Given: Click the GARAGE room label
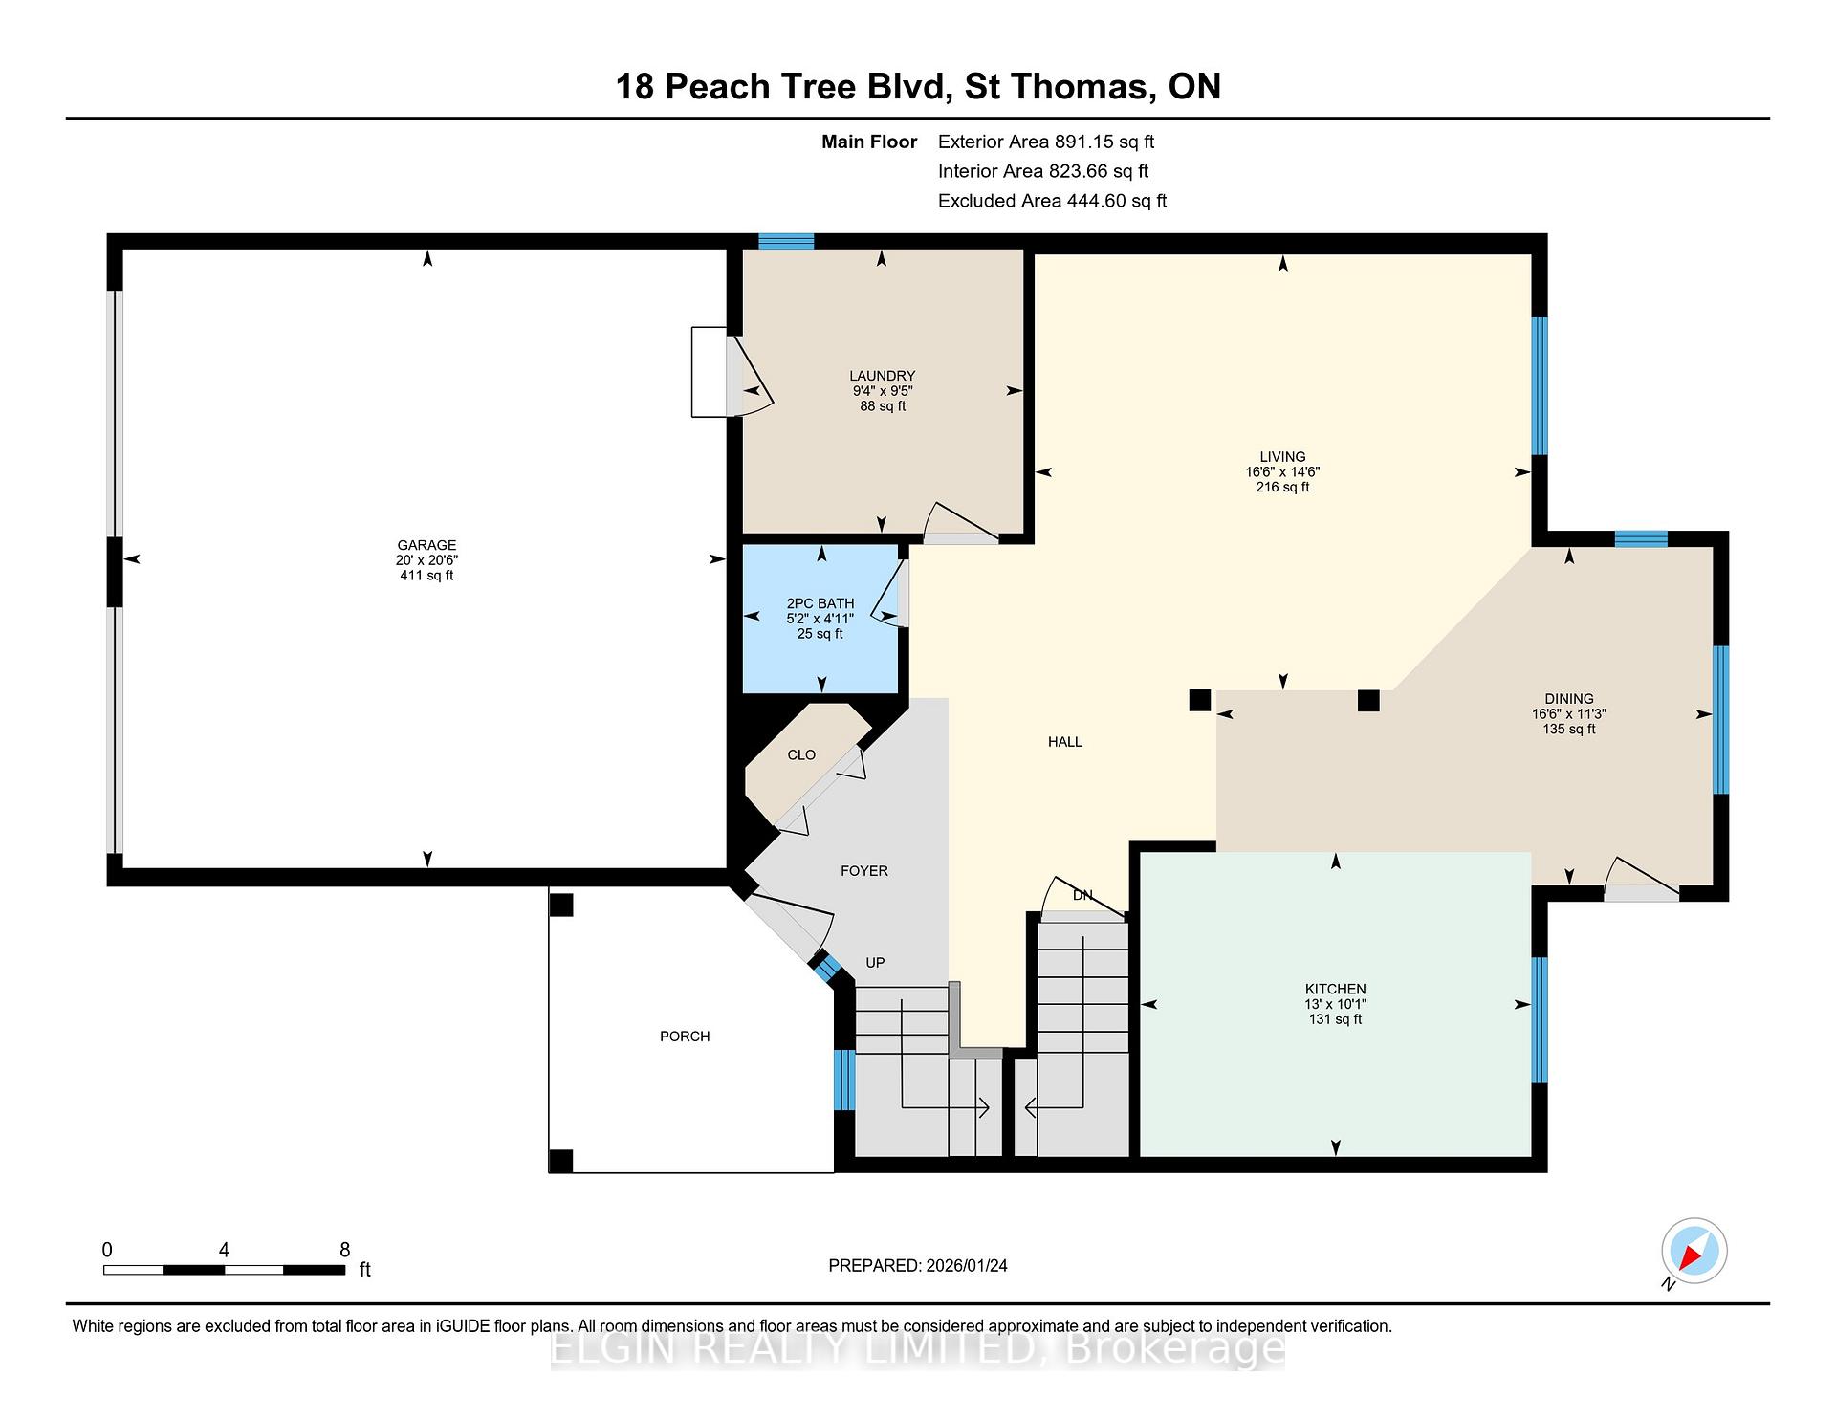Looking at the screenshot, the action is tap(426, 545).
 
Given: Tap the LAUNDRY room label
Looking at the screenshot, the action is tap(883, 376).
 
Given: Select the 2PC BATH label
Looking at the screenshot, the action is tap(820, 603).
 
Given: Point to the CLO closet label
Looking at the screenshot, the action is tap(801, 755).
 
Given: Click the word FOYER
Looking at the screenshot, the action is tap(864, 871).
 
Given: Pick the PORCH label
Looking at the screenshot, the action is tap(685, 1037).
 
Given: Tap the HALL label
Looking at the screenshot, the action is tap(1065, 742).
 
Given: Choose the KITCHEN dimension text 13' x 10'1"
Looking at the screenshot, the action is tap(1336, 1004).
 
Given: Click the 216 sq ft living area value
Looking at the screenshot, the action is tap(1282, 487).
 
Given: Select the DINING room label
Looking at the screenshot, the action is tap(1569, 699).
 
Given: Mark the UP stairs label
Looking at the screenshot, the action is tap(875, 963).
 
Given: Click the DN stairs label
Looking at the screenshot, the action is tap(1082, 896).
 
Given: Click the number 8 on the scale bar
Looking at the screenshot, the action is tap(345, 1250).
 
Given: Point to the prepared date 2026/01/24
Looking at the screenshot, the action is tap(967, 1266).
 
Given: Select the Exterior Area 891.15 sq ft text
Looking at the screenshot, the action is tap(1046, 142).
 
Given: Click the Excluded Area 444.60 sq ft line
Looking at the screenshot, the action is tap(1053, 201).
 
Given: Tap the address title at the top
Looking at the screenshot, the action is tap(918, 87).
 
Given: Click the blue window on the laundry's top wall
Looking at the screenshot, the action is tap(786, 241).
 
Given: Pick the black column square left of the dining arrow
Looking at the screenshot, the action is tap(1199, 701).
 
